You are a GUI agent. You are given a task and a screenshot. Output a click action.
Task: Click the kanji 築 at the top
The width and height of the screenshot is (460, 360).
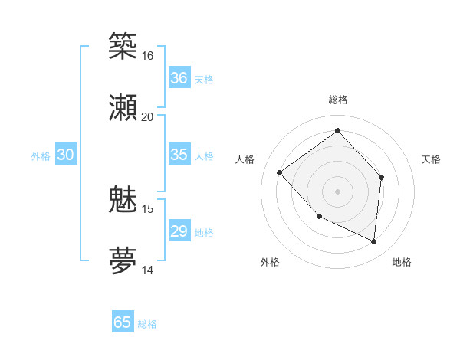[x=123, y=47]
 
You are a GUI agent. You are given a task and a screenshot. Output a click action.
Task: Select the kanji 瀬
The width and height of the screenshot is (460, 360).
[x=123, y=108]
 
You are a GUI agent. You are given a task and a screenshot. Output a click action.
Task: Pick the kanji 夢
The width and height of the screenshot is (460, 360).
[x=123, y=261]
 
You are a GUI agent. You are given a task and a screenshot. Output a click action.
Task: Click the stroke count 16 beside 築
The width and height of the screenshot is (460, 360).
[x=147, y=56]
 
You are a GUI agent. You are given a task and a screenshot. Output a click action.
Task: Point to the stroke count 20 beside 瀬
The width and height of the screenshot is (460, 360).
[x=147, y=117]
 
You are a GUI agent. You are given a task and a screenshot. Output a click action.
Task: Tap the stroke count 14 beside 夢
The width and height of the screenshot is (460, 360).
[x=147, y=270]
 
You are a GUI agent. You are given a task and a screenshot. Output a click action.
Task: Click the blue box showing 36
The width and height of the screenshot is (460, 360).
[x=179, y=78]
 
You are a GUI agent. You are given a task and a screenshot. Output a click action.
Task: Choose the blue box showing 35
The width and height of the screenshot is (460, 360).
[x=179, y=155]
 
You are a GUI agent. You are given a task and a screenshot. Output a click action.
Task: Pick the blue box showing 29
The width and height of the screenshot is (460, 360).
[x=179, y=231]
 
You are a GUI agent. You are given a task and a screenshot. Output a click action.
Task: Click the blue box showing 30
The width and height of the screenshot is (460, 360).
[x=65, y=155]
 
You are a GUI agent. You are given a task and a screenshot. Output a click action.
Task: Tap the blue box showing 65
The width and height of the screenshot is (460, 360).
[x=123, y=322]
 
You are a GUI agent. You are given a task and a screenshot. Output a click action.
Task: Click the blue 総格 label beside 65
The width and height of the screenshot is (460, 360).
[x=147, y=324]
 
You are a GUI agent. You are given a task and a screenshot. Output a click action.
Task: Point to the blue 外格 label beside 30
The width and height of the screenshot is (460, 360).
[x=41, y=156]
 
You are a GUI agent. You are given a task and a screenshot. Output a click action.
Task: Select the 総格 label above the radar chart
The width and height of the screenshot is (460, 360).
[x=337, y=100]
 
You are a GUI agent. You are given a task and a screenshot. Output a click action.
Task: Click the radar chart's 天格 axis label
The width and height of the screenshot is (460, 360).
[x=432, y=159]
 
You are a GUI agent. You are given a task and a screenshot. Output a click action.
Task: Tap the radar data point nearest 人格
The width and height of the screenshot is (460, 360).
[x=280, y=172]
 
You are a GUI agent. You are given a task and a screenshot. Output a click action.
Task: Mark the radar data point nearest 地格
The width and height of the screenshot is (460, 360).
[x=373, y=241]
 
